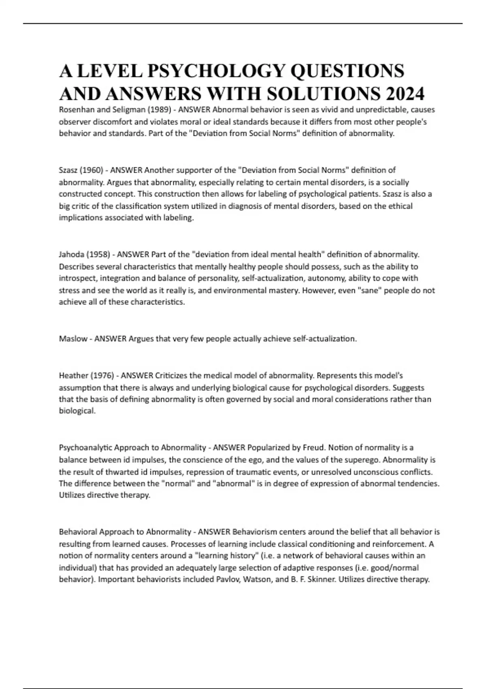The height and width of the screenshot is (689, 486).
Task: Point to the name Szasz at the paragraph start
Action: click(68, 170)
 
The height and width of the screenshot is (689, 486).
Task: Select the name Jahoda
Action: click(71, 255)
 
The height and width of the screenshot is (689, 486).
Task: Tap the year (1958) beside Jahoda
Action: click(98, 255)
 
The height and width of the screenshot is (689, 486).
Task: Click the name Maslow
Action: click(73, 339)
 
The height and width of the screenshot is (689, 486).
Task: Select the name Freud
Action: click(314, 448)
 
